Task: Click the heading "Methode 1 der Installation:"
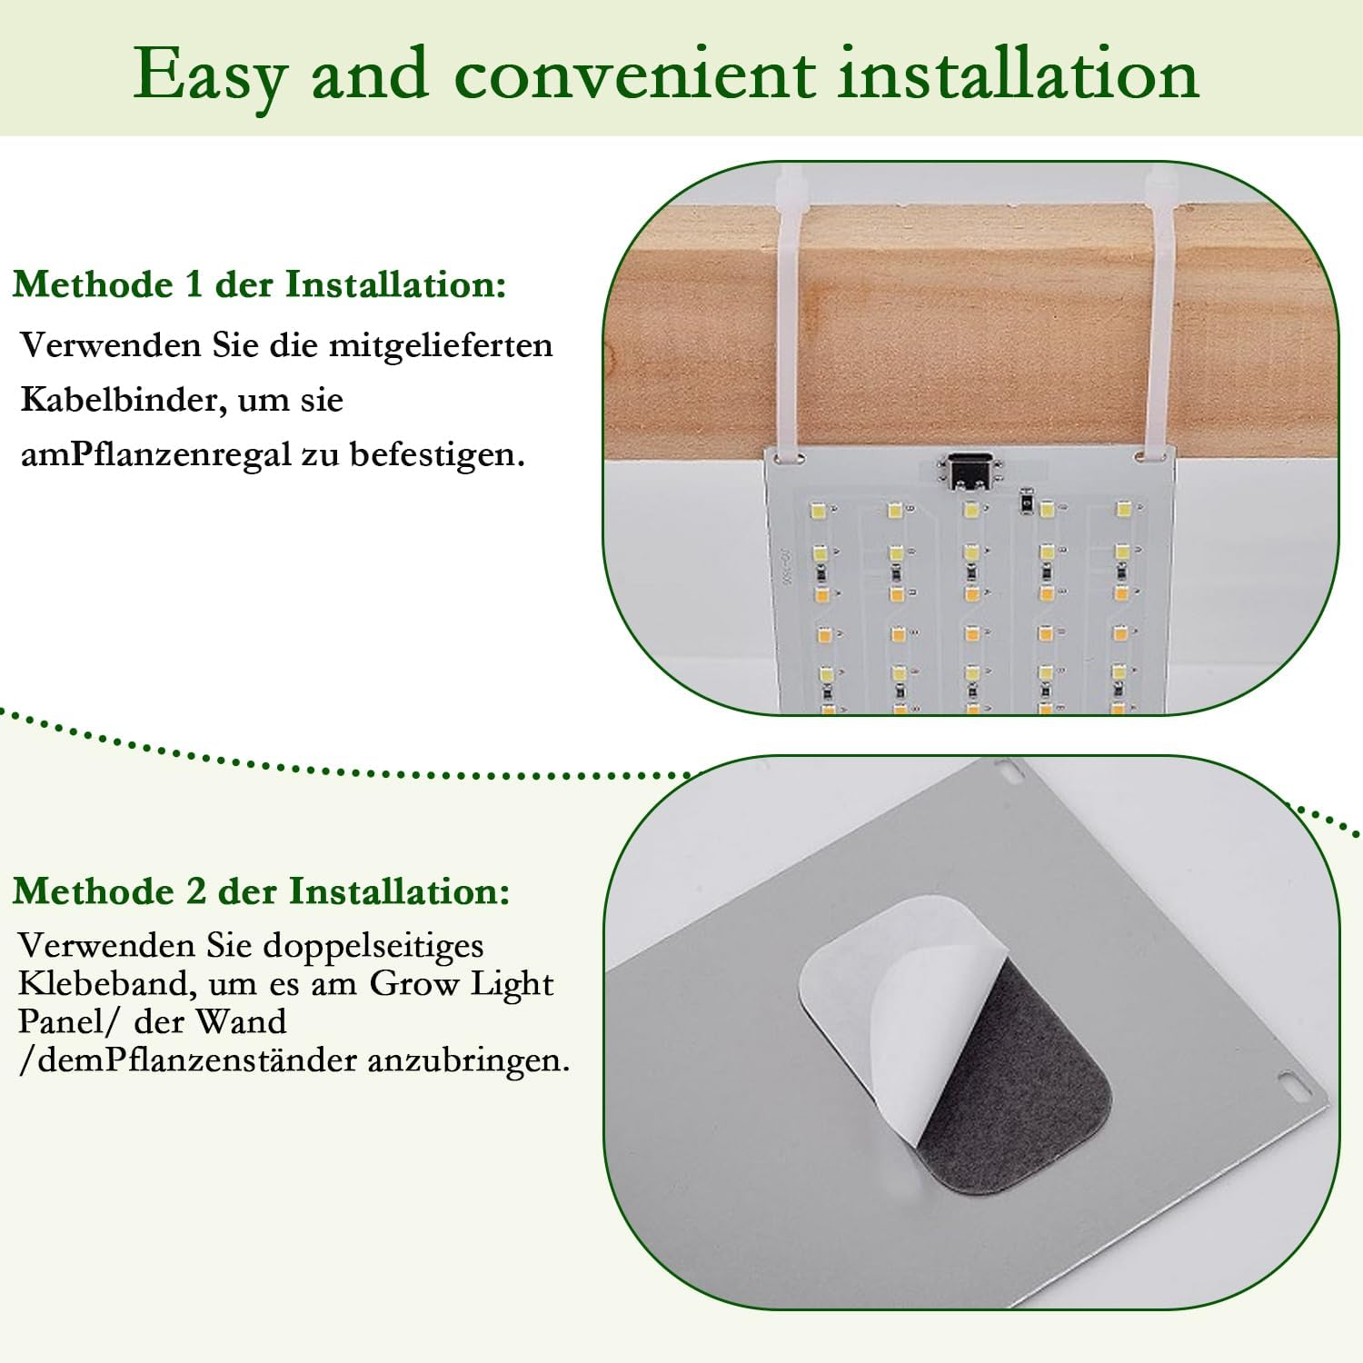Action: [x=259, y=284]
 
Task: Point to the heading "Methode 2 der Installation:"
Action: [x=262, y=891]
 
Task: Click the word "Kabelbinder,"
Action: [x=124, y=401]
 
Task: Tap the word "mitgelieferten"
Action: [x=441, y=345]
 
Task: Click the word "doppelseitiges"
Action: [x=373, y=947]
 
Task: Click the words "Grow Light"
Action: [x=462, y=985]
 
